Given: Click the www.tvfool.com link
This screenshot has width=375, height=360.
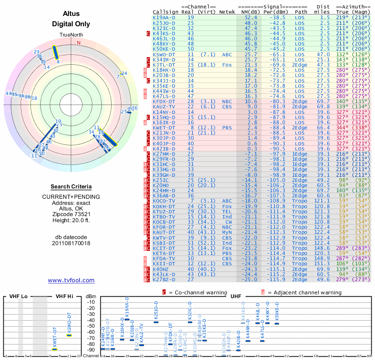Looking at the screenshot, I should pos(71,280).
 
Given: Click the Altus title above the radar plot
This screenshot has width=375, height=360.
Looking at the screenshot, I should pos(71,14).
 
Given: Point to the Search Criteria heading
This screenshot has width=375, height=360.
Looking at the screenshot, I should pos(71,187).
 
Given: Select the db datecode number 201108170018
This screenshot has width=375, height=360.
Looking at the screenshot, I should pos(71,243).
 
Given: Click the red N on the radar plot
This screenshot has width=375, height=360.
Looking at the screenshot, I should pos(79,43).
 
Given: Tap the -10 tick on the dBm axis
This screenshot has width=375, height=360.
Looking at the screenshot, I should pos(90,302).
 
